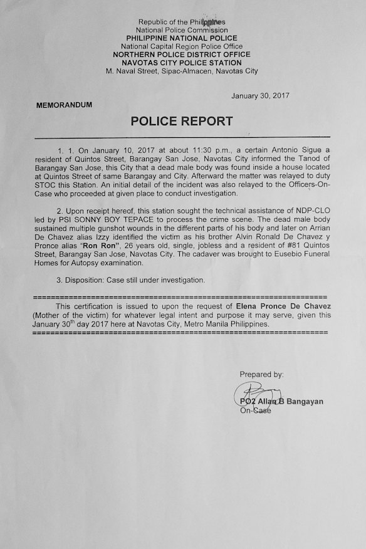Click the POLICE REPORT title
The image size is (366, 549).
pos(182,122)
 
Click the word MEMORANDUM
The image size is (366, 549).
pos(64,105)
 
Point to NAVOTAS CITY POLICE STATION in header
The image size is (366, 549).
pos(181,63)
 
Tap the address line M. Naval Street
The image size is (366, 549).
pos(181,71)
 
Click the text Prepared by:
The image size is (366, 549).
pos(261,374)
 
